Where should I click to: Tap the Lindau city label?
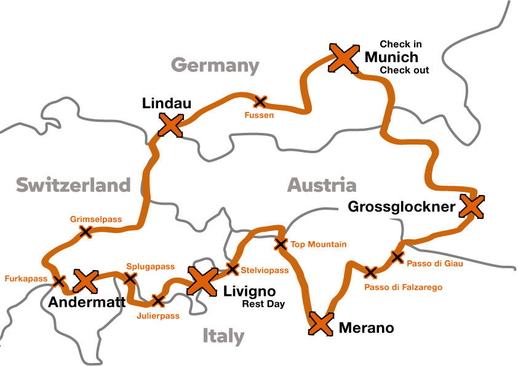pos(166,103)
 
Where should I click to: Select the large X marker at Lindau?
pos(170,125)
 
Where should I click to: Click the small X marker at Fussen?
pos(261,101)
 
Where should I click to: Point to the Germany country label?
pos(215,65)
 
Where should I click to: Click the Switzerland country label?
pos(73,185)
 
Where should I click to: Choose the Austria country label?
pos(322,185)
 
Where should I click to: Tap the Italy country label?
pos(223,336)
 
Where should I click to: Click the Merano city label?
pos(366,328)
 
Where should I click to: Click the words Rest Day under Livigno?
pos(263,304)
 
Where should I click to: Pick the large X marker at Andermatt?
pos(86,281)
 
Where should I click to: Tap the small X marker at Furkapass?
pos(59,281)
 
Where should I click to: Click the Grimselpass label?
pos(97,219)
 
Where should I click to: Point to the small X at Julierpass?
pos(158,301)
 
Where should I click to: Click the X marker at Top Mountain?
pos(281,244)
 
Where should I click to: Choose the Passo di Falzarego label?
pos(403,287)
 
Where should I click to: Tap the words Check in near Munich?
pos(400,44)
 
